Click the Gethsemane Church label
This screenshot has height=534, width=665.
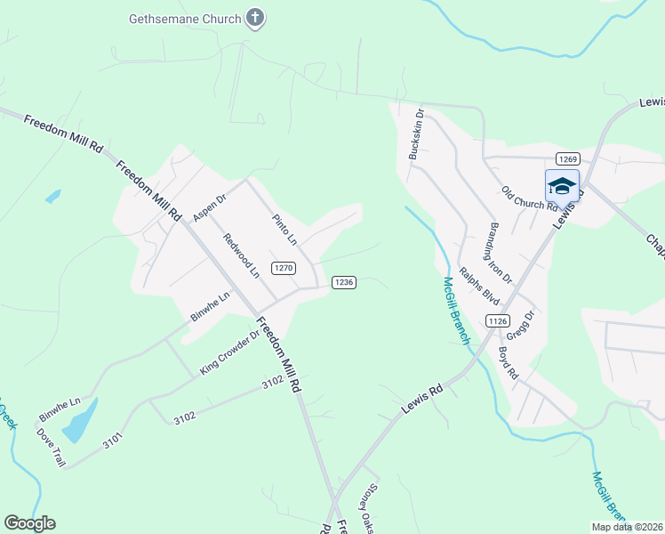point(185,18)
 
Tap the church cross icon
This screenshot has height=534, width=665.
point(255,18)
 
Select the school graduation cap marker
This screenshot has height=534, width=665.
point(562,185)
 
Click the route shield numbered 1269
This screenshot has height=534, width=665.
point(569,158)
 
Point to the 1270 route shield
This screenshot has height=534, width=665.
point(284,268)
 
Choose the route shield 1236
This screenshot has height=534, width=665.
point(344,282)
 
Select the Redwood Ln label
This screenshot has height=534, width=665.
point(241,255)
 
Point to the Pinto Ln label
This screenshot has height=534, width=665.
point(284,230)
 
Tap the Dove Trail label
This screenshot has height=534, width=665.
point(51,449)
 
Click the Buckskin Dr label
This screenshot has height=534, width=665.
point(415,134)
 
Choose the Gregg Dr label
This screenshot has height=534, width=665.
point(520,326)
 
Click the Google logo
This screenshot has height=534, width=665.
point(29,523)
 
